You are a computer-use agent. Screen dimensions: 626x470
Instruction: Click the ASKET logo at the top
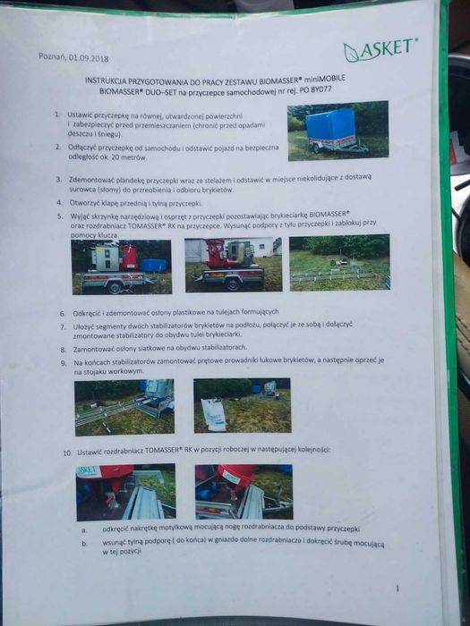tap(380, 50)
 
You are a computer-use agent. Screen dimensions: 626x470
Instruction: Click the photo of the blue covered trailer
tap(338, 131)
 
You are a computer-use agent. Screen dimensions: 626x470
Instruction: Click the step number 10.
tap(66, 451)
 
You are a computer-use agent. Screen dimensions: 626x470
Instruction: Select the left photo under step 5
tap(121, 266)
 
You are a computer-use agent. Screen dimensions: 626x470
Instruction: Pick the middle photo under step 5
tap(233, 263)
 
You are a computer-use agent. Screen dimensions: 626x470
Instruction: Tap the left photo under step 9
tap(124, 406)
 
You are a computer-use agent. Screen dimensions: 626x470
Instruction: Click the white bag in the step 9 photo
tap(213, 414)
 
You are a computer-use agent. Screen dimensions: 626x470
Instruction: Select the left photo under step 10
tap(125, 492)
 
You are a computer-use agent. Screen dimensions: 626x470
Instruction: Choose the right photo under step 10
tap(243, 491)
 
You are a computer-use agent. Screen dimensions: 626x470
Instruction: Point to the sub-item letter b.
tap(83, 543)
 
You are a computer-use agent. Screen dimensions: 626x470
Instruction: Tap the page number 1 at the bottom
tap(396, 588)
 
